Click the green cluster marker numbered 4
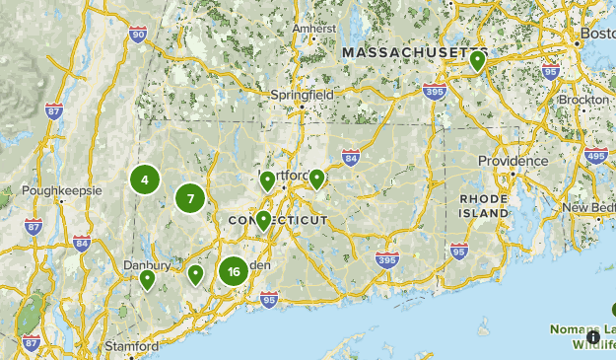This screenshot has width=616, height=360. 145,180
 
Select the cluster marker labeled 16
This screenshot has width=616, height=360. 233,271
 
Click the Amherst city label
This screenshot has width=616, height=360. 313,29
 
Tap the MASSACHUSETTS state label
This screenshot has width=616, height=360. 414,51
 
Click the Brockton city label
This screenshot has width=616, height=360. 583,101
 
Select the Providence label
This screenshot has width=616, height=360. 513,161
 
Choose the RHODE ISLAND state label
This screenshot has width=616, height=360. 483,205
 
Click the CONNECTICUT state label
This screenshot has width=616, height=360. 278,220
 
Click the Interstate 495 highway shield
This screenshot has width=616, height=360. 595,155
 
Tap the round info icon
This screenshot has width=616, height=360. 593,336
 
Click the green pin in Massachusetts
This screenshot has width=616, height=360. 478,61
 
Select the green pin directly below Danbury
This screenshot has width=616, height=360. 147,279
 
